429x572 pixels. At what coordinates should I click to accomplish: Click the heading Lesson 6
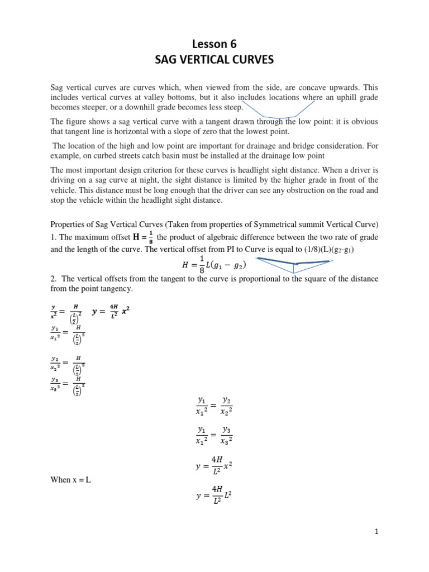pos(214,43)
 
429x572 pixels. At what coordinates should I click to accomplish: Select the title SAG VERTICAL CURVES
pos(214,59)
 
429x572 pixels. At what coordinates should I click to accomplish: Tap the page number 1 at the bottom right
pos(377,532)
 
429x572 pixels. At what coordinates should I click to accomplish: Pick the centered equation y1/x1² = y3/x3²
pos(214,435)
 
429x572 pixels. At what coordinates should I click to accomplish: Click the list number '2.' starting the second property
pos(54,278)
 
